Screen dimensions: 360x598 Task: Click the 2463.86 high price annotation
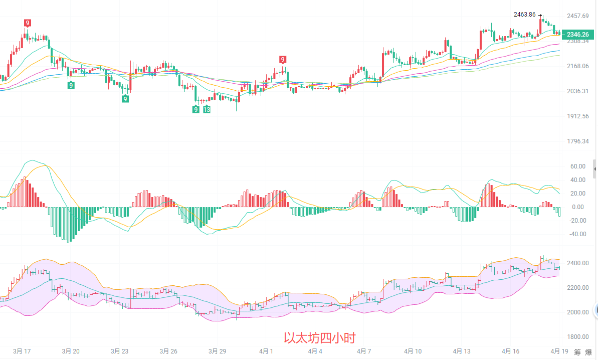(526, 15)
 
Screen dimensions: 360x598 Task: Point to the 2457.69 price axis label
(577, 16)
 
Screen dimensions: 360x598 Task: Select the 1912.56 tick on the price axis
(577, 116)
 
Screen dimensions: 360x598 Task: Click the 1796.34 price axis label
(577, 141)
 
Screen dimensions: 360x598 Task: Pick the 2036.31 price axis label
(577, 91)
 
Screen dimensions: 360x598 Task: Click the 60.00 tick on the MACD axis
(578, 166)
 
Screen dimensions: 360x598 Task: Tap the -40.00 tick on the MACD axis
(578, 234)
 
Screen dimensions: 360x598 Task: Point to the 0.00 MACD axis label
(578, 207)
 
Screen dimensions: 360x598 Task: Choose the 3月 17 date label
(22, 351)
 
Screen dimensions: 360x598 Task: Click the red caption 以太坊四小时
(320, 338)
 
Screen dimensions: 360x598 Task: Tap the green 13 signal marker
(207, 109)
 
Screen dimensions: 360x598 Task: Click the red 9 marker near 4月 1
(283, 59)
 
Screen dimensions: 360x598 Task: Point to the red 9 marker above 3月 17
(27, 23)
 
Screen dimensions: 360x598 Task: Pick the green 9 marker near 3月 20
(71, 85)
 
